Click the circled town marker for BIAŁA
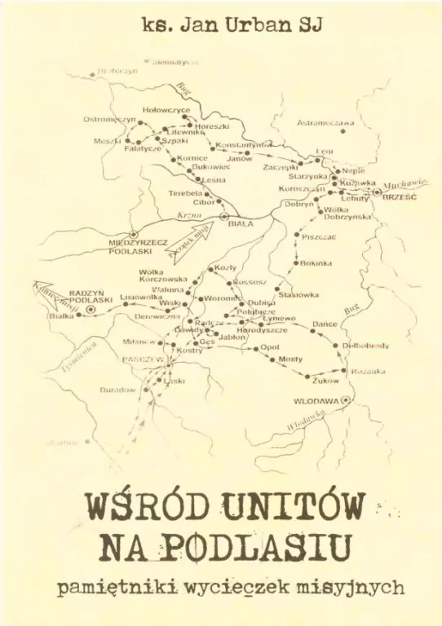pyautogui.click(x=225, y=216)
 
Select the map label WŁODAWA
pyautogui.click(x=316, y=401)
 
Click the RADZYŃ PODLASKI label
pyautogui.click(x=91, y=296)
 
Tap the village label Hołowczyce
pyautogui.click(x=166, y=109)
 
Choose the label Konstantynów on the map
pyautogui.click(x=242, y=144)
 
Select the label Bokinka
pyautogui.click(x=316, y=263)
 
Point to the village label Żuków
pyautogui.click(x=325, y=380)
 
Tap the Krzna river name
pyautogui.click(x=189, y=214)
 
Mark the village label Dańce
pyautogui.click(x=325, y=324)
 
